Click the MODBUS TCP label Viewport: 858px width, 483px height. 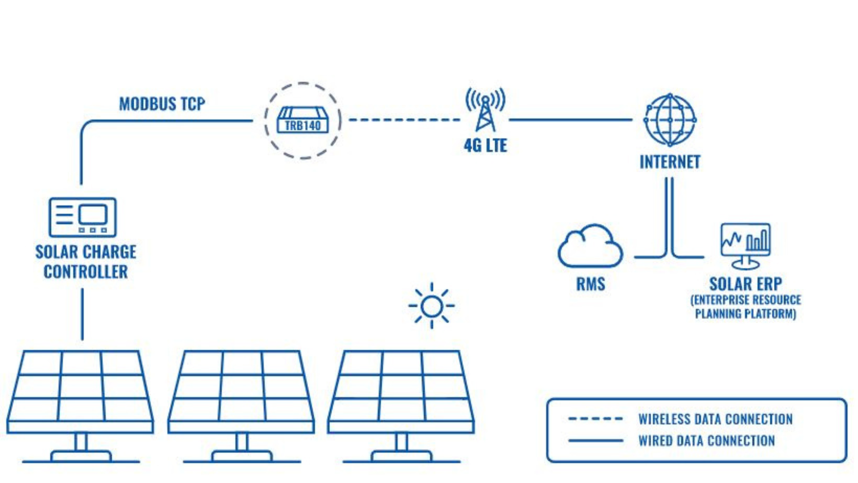click(x=162, y=104)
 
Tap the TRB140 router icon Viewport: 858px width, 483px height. click(x=303, y=120)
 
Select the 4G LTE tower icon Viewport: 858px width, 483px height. click(x=485, y=110)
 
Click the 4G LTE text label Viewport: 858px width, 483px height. click(x=485, y=146)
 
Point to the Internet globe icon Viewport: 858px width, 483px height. click(x=670, y=120)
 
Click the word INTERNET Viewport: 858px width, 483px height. click(x=669, y=162)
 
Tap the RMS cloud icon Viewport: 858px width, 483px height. click(x=590, y=247)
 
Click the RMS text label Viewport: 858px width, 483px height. click(x=590, y=284)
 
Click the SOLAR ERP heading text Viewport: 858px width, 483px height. click(x=745, y=284)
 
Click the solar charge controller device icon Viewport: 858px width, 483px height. click(x=82, y=217)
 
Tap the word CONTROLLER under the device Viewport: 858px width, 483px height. click(x=85, y=272)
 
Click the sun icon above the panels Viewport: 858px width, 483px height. click(x=431, y=306)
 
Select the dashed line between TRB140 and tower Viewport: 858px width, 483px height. click(x=404, y=120)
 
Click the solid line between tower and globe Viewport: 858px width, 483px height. click(x=571, y=120)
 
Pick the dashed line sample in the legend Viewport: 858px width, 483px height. click(x=595, y=419)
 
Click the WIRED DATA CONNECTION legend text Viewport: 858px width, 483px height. click(x=706, y=441)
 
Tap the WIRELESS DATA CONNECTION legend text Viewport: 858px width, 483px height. click(x=715, y=419)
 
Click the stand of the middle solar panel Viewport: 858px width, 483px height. click(x=242, y=443)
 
